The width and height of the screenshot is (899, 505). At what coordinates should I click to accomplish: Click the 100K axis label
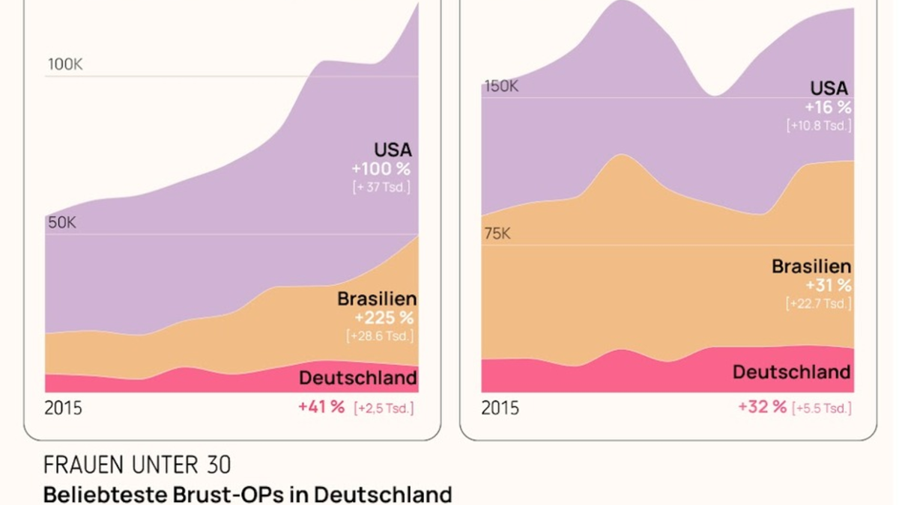(65, 64)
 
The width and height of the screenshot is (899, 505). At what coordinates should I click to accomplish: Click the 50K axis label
(62, 222)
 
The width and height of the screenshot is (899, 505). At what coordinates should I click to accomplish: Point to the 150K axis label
(501, 86)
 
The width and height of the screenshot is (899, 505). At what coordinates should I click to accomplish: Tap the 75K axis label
(497, 234)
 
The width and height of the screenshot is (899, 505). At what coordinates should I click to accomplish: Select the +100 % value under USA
(381, 169)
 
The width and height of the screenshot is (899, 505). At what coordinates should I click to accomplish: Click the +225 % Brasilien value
(384, 318)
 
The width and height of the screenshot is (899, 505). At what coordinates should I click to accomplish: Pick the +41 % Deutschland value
(321, 407)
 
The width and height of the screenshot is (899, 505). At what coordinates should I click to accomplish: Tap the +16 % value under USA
(828, 107)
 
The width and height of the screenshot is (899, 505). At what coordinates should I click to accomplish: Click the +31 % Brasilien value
(828, 285)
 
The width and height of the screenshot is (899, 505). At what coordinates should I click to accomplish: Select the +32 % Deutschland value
(763, 407)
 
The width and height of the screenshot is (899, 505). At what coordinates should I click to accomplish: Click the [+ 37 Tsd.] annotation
(381, 187)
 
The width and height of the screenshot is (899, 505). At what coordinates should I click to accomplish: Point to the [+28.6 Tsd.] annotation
(380, 336)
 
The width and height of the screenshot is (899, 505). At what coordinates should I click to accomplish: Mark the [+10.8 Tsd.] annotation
(819, 126)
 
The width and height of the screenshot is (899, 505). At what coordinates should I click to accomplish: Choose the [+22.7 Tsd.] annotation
(819, 304)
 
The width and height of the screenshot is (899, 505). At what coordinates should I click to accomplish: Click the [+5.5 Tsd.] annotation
(823, 408)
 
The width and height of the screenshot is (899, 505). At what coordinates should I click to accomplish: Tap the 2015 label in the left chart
(64, 408)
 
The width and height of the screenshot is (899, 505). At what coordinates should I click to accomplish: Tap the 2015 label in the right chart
(500, 408)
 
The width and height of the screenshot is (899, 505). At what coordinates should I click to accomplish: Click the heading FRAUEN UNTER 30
(137, 465)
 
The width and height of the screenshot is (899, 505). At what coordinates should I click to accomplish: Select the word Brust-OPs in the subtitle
(240, 495)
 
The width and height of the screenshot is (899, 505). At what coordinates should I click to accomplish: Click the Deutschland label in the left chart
(358, 378)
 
